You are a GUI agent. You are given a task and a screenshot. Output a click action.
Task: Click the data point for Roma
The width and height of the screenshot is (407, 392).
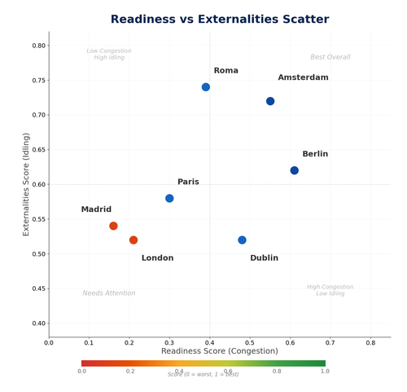click(x=206, y=87)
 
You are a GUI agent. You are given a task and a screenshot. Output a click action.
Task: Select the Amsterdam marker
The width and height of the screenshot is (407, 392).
click(x=270, y=101)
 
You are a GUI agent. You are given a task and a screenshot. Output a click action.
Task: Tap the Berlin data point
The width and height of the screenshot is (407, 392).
click(x=295, y=170)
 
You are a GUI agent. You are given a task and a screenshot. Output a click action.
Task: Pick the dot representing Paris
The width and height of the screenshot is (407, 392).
click(x=169, y=198)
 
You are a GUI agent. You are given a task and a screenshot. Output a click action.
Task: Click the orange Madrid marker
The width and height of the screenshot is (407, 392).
click(x=113, y=226)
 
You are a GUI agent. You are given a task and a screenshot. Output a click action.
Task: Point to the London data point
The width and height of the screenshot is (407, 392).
click(x=133, y=240)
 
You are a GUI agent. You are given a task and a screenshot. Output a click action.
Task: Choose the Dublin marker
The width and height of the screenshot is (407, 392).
click(x=242, y=240)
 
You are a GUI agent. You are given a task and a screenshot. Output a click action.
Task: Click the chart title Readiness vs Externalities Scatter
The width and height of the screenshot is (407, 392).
click(x=220, y=20)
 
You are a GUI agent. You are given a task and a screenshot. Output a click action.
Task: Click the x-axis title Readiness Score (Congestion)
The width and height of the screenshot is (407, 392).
click(x=220, y=351)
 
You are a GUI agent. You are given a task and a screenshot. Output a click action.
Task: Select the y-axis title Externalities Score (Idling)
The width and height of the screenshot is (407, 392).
click(x=26, y=184)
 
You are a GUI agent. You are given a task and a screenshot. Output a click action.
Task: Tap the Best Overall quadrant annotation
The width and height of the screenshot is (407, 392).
click(x=330, y=57)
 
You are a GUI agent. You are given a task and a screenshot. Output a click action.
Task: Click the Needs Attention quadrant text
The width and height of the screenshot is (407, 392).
click(x=109, y=293)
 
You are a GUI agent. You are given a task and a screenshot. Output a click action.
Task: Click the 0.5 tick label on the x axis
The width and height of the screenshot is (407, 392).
click(x=250, y=343)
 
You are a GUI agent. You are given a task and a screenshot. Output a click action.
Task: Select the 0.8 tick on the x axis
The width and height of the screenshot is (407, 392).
click(x=370, y=343)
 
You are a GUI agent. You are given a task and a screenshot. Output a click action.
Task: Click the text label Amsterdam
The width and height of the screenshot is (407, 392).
click(x=303, y=77)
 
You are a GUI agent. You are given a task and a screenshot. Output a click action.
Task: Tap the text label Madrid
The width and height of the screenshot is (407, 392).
click(x=96, y=209)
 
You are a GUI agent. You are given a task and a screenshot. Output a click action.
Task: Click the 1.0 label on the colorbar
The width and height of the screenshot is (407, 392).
click(x=325, y=371)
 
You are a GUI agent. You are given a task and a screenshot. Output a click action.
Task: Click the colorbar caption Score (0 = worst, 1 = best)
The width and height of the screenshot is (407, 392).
click(x=203, y=375)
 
